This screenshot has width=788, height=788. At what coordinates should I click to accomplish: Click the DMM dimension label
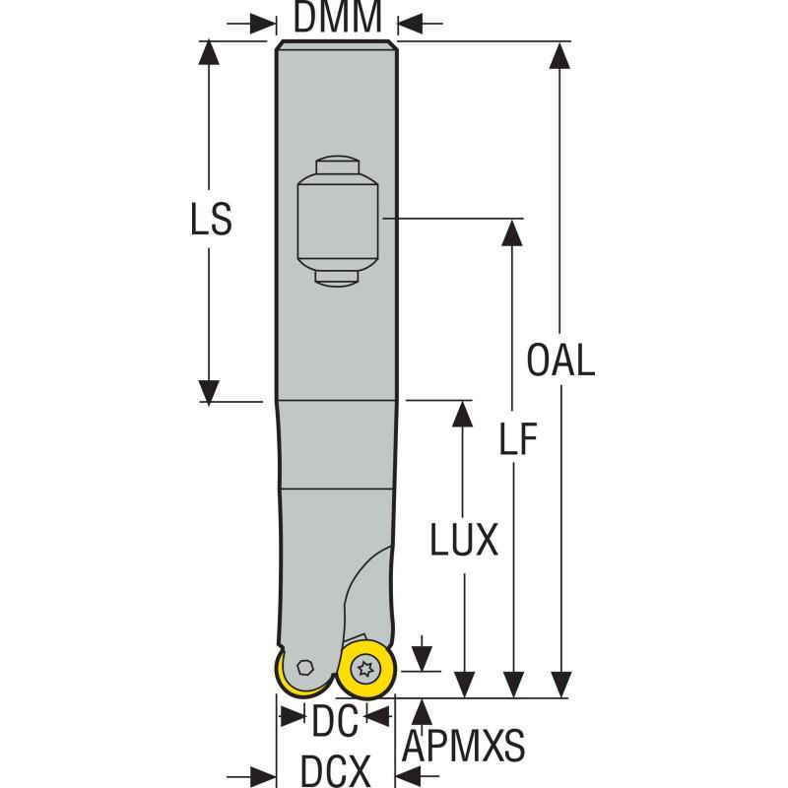(x=336, y=17)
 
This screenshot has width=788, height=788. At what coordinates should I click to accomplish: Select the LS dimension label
(x=210, y=221)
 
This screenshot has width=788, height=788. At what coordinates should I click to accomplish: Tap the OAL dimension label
(x=560, y=361)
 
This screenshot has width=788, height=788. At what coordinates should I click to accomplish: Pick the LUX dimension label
(x=464, y=539)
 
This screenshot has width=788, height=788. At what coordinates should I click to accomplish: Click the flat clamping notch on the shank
(x=338, y=221)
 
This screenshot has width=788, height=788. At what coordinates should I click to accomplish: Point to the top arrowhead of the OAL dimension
(x=560, y=55)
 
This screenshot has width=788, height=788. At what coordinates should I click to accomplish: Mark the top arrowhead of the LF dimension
(x=512, y=230)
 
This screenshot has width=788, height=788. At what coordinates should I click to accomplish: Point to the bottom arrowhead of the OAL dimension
(x=560, y=686)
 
